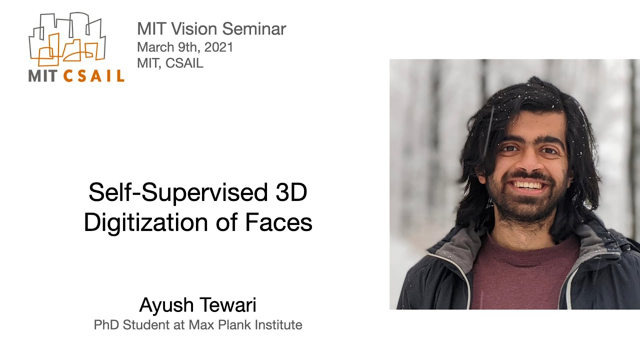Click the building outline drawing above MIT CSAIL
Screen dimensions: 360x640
pos(67,40)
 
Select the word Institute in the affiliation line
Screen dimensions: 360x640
pos(278,325)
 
